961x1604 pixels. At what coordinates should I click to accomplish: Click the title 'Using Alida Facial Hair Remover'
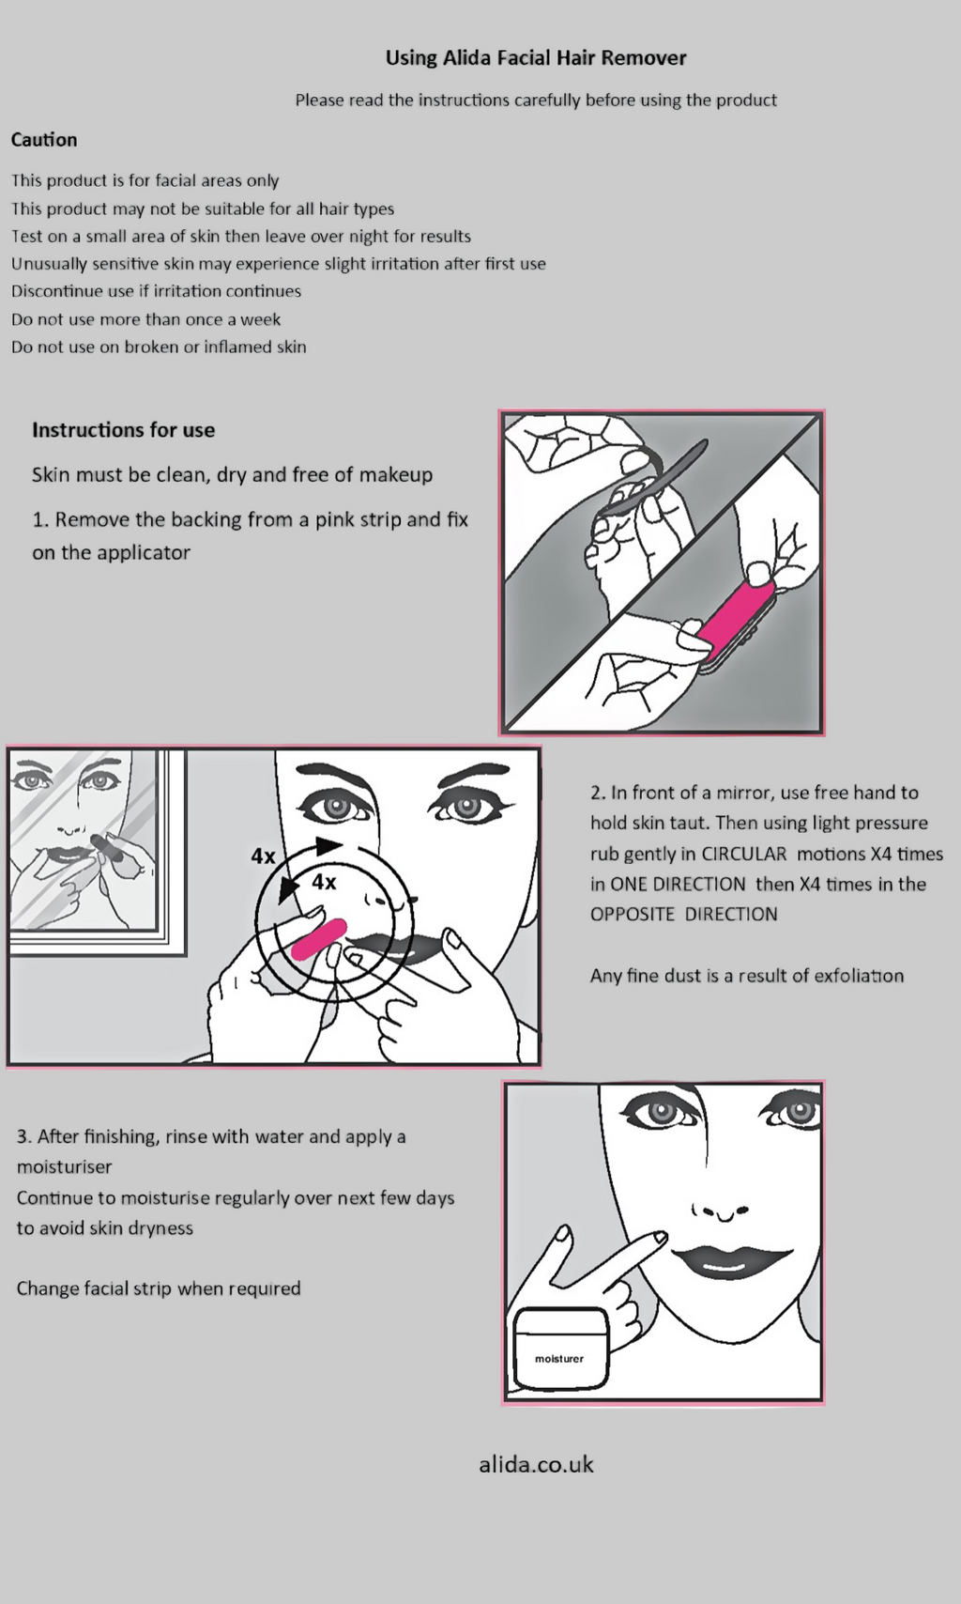pyautogui.click(x=536, y=58)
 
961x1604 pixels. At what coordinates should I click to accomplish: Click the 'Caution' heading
pyautogui.click(x=44, y=140)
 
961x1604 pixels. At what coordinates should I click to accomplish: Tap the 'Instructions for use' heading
pyautogui.click(x=123, y=430)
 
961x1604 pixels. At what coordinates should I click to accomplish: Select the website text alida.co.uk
pyautogui.click(x=536, y=1464)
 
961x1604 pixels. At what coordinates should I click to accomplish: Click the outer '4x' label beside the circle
pyautogui.click(x=264, y=856)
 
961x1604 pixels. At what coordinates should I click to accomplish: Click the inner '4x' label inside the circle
pyautogui.click(x=324, y=882)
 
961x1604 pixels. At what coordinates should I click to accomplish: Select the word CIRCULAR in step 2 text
pyautogui.click(x=743, y=854)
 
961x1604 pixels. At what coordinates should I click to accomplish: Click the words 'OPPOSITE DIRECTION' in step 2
pyautogui.click(x=683, y=915)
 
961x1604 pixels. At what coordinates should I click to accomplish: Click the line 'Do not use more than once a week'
pyautogui.click(x=145, y=319)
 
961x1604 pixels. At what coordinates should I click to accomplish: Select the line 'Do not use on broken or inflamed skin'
pyautogui.click(x=159, y=347)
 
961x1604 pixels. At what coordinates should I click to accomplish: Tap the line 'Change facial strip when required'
pyautogui.click(x=159, y=1288)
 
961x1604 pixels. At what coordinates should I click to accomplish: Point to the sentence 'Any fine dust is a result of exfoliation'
pyautogui.click(x=746, y=976)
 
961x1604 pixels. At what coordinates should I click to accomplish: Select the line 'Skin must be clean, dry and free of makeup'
pyautogui.click(x=232, y=475)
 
